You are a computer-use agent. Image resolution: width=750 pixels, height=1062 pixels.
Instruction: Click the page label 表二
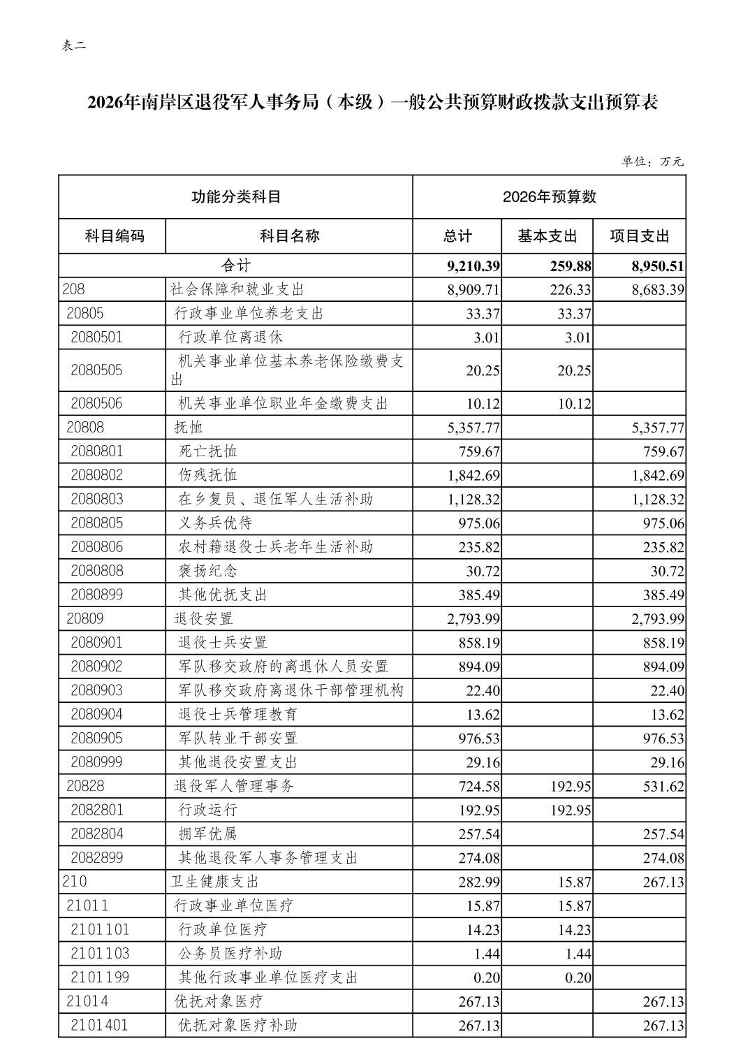click(74, 46)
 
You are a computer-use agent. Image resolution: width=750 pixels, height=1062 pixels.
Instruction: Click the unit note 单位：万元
click(653, 161)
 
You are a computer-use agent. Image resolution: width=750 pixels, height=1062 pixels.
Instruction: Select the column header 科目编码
click(114, 236)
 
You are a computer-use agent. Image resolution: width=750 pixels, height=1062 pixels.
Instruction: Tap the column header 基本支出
click(547, 236)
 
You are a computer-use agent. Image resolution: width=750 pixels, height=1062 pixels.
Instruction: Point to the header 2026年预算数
click(550, 197)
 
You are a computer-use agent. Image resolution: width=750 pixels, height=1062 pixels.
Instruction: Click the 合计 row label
click(235, 265)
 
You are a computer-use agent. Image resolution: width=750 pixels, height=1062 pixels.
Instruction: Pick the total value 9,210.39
click(473, 266)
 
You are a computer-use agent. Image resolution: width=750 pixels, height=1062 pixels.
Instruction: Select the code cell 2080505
click(96, 370)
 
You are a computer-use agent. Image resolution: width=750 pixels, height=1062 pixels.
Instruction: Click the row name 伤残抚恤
click(208, 475)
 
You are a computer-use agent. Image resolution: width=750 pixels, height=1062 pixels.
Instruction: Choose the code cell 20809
click(85, 618)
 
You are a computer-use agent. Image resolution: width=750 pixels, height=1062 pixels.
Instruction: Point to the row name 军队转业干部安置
click(238, 738)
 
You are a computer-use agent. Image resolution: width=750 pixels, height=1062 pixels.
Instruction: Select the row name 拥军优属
click(208, 834)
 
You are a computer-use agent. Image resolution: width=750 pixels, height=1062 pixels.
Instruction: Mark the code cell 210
click(75, 882)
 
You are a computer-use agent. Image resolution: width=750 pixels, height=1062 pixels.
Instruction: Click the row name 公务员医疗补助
click(230, 954)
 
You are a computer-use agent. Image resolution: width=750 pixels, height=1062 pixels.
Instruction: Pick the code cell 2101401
click(99, 1025)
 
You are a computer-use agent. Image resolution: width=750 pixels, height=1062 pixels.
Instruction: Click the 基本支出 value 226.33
click(570, 290)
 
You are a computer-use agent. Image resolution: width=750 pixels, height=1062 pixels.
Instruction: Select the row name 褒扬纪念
click(208, 571)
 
